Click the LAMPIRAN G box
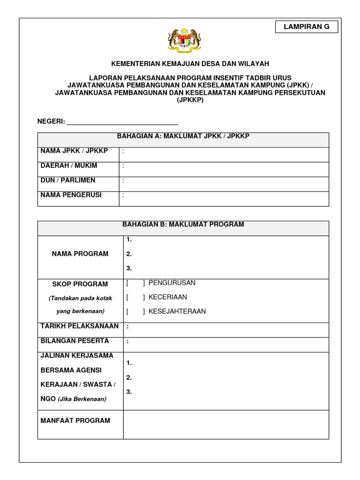tap(307, 27)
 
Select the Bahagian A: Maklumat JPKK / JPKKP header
tap(183, 136)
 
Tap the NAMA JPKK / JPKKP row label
tap(74, 151)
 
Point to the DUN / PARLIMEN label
tap(68, 180)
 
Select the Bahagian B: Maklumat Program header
tap(183, 225)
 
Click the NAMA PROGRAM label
tap(80, 254)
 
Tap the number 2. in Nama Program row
tap(129, 254)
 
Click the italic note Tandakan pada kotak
tap(80, 298)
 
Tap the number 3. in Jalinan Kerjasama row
tap(129, 392)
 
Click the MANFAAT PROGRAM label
tap(75, 420)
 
